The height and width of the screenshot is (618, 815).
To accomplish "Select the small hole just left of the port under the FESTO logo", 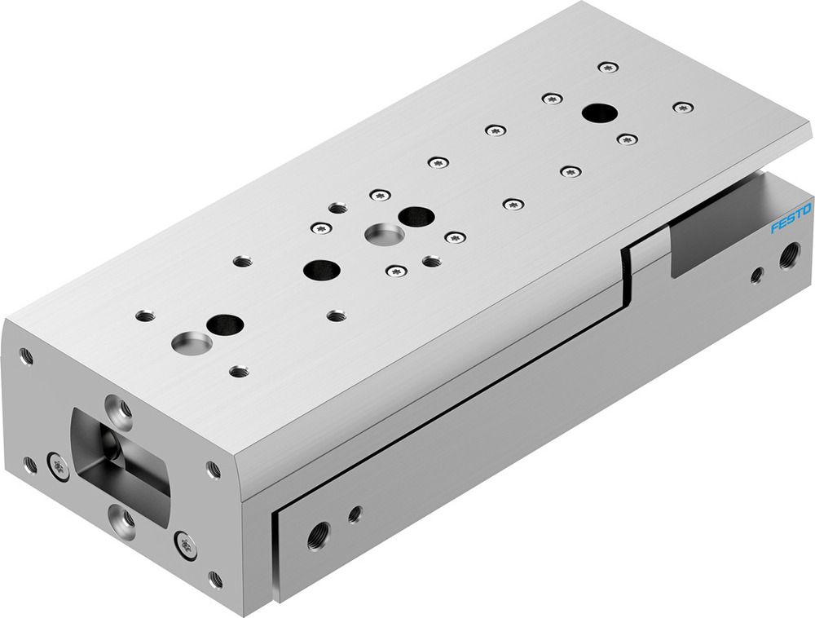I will pos(757,275).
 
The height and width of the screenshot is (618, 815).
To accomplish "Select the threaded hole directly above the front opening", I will pos(121,405).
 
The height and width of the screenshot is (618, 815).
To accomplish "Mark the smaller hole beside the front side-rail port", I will pos(355,514).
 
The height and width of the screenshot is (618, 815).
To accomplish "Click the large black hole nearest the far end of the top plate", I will pos(599,113).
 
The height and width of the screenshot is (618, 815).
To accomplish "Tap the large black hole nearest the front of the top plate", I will pos(225,324).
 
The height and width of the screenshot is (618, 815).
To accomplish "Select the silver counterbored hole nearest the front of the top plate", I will pos(192,342).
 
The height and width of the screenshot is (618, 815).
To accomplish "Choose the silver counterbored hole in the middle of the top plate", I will pos(381,234).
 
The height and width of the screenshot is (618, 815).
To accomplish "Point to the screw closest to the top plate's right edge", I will pos(683,107).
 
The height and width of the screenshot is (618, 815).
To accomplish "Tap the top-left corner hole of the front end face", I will pos(27,355).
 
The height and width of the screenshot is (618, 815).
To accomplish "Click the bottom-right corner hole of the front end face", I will pos(215,580).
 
